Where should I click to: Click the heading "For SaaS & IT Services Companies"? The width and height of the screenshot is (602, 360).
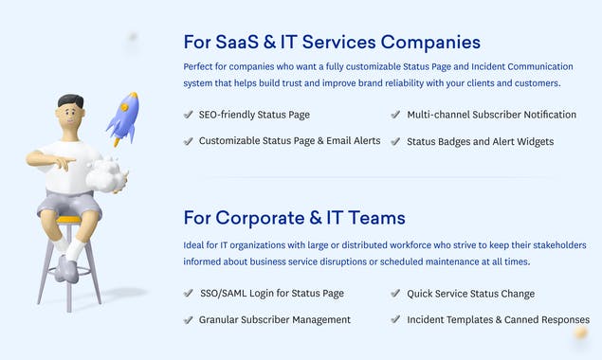click(332, 42)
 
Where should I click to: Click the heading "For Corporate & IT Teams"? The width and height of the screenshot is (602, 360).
click(294, 218)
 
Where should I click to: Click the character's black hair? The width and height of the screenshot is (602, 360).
click(70, 102)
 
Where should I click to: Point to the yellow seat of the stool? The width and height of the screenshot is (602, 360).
click(68, 220)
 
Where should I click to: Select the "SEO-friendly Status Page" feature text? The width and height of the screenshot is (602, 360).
click(254, 115)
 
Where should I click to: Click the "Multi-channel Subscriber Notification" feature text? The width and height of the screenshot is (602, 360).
click(491, 115)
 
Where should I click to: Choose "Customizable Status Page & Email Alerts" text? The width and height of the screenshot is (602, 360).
click(289, 141)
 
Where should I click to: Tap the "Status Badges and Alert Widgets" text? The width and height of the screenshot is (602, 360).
click(480, 142)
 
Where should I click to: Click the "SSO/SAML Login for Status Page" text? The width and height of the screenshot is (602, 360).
click(271, 294)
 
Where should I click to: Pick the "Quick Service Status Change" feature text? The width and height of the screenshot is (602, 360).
click(470, 294)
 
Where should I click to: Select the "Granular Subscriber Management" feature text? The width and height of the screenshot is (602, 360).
click(274, 320)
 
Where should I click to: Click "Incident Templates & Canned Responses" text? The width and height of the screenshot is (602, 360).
click(498, 320)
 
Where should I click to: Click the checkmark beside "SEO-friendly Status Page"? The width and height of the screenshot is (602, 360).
click(188, 115)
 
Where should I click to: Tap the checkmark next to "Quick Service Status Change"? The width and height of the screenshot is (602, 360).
click(395, 294)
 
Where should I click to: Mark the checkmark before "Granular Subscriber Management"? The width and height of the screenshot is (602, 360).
click(188, 320)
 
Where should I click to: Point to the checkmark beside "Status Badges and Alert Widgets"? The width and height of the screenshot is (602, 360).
click(395, 142)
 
